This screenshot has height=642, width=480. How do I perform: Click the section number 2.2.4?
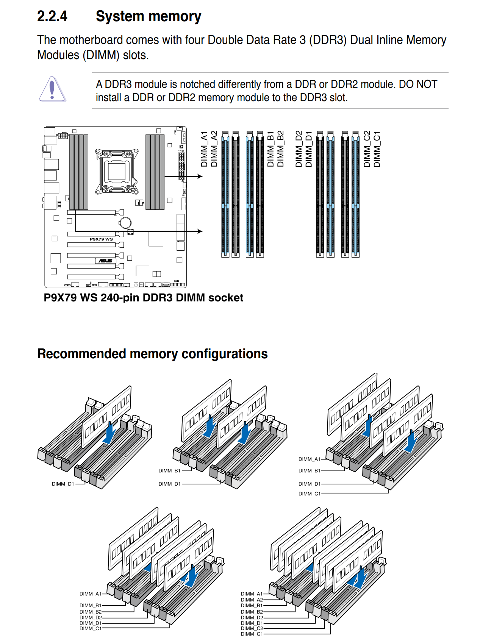(52, 16)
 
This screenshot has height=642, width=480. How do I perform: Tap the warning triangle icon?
(52, 89)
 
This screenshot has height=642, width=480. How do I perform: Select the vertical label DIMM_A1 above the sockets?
(204, 149)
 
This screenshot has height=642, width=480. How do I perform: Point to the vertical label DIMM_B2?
(280, 148)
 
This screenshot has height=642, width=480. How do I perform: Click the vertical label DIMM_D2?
(299, 149)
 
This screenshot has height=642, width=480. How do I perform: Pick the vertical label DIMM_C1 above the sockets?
(377, 149)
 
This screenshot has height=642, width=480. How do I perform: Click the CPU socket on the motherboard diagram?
(117, 172)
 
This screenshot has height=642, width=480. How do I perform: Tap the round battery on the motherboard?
(125, 223)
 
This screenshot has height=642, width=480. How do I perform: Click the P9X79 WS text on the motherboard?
(101, 239)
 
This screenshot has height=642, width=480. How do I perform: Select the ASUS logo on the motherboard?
(105, 261)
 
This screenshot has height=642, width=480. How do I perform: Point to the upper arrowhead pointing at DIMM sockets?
(200, 176)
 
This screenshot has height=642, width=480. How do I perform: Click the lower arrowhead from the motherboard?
(200, 231)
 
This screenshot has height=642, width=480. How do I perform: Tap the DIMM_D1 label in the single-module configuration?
(63, 484)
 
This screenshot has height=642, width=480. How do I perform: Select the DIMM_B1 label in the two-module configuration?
(169, 471)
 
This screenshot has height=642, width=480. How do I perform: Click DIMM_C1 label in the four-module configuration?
(310, 494)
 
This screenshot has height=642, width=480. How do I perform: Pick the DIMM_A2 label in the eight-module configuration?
(252, 600)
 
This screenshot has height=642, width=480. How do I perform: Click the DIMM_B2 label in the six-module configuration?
(91, 612)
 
